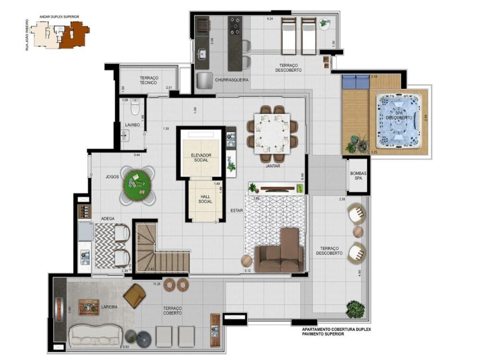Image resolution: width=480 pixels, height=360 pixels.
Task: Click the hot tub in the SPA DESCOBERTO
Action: pyautogui.click(x=398, y=120)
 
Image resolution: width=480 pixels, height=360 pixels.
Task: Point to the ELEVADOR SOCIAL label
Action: pyautogui.click(x=201, y=157)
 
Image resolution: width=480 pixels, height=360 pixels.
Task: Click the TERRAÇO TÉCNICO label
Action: pyautogui.click(x=149, y=80)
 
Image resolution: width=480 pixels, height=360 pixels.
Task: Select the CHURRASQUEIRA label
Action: pyautogui.click(x=231, y=80)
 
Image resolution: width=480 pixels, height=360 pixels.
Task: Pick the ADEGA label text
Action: pyautogui.click(x=108, y=218)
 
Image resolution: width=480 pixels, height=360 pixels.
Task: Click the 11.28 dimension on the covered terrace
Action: pyautogui.click(x=156, y=284)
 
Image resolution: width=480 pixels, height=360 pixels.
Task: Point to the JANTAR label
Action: pyautogui.click(x=273, y=166)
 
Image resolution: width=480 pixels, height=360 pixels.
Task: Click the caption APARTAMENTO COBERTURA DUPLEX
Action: pyautogui.click(x=336, y=329)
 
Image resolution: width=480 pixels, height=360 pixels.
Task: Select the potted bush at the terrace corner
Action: pyautogui.click(x=356, y=310)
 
